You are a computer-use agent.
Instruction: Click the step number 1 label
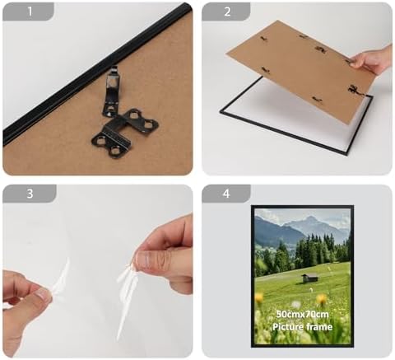[x=30, y=12]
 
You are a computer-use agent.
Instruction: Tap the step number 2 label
[x=227, y=12]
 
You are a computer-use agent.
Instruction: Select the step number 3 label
[x=30, y=194]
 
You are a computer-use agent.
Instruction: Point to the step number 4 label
[x=226, y=194]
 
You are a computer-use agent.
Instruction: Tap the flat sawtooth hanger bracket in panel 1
[x=125, y=133]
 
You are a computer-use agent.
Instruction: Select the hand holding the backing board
[x=372, y=61]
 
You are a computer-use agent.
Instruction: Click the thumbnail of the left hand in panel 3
[x=41, y=294]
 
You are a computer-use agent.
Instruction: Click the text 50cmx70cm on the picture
[x=302, y=314]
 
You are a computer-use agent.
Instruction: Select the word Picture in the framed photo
[x=288, y=327]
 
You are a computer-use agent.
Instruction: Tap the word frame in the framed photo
[x=319, y=327]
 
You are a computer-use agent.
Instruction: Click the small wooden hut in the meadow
[x=309, y=278]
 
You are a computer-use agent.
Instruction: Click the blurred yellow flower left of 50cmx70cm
[x=259, y=297]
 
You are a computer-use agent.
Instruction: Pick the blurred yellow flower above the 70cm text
[x=321, y=299]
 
